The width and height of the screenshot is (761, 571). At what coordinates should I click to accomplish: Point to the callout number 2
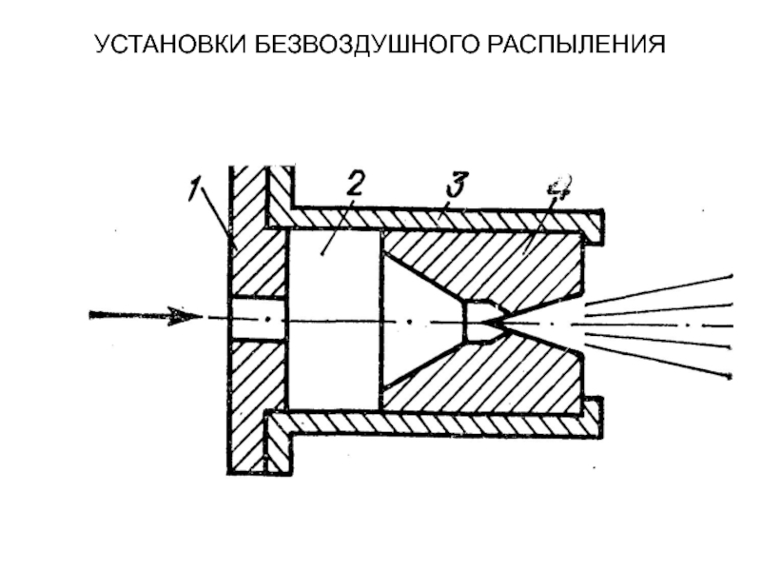tap(353, 184)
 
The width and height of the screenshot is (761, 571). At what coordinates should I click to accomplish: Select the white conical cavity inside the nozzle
tap(419, 319)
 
